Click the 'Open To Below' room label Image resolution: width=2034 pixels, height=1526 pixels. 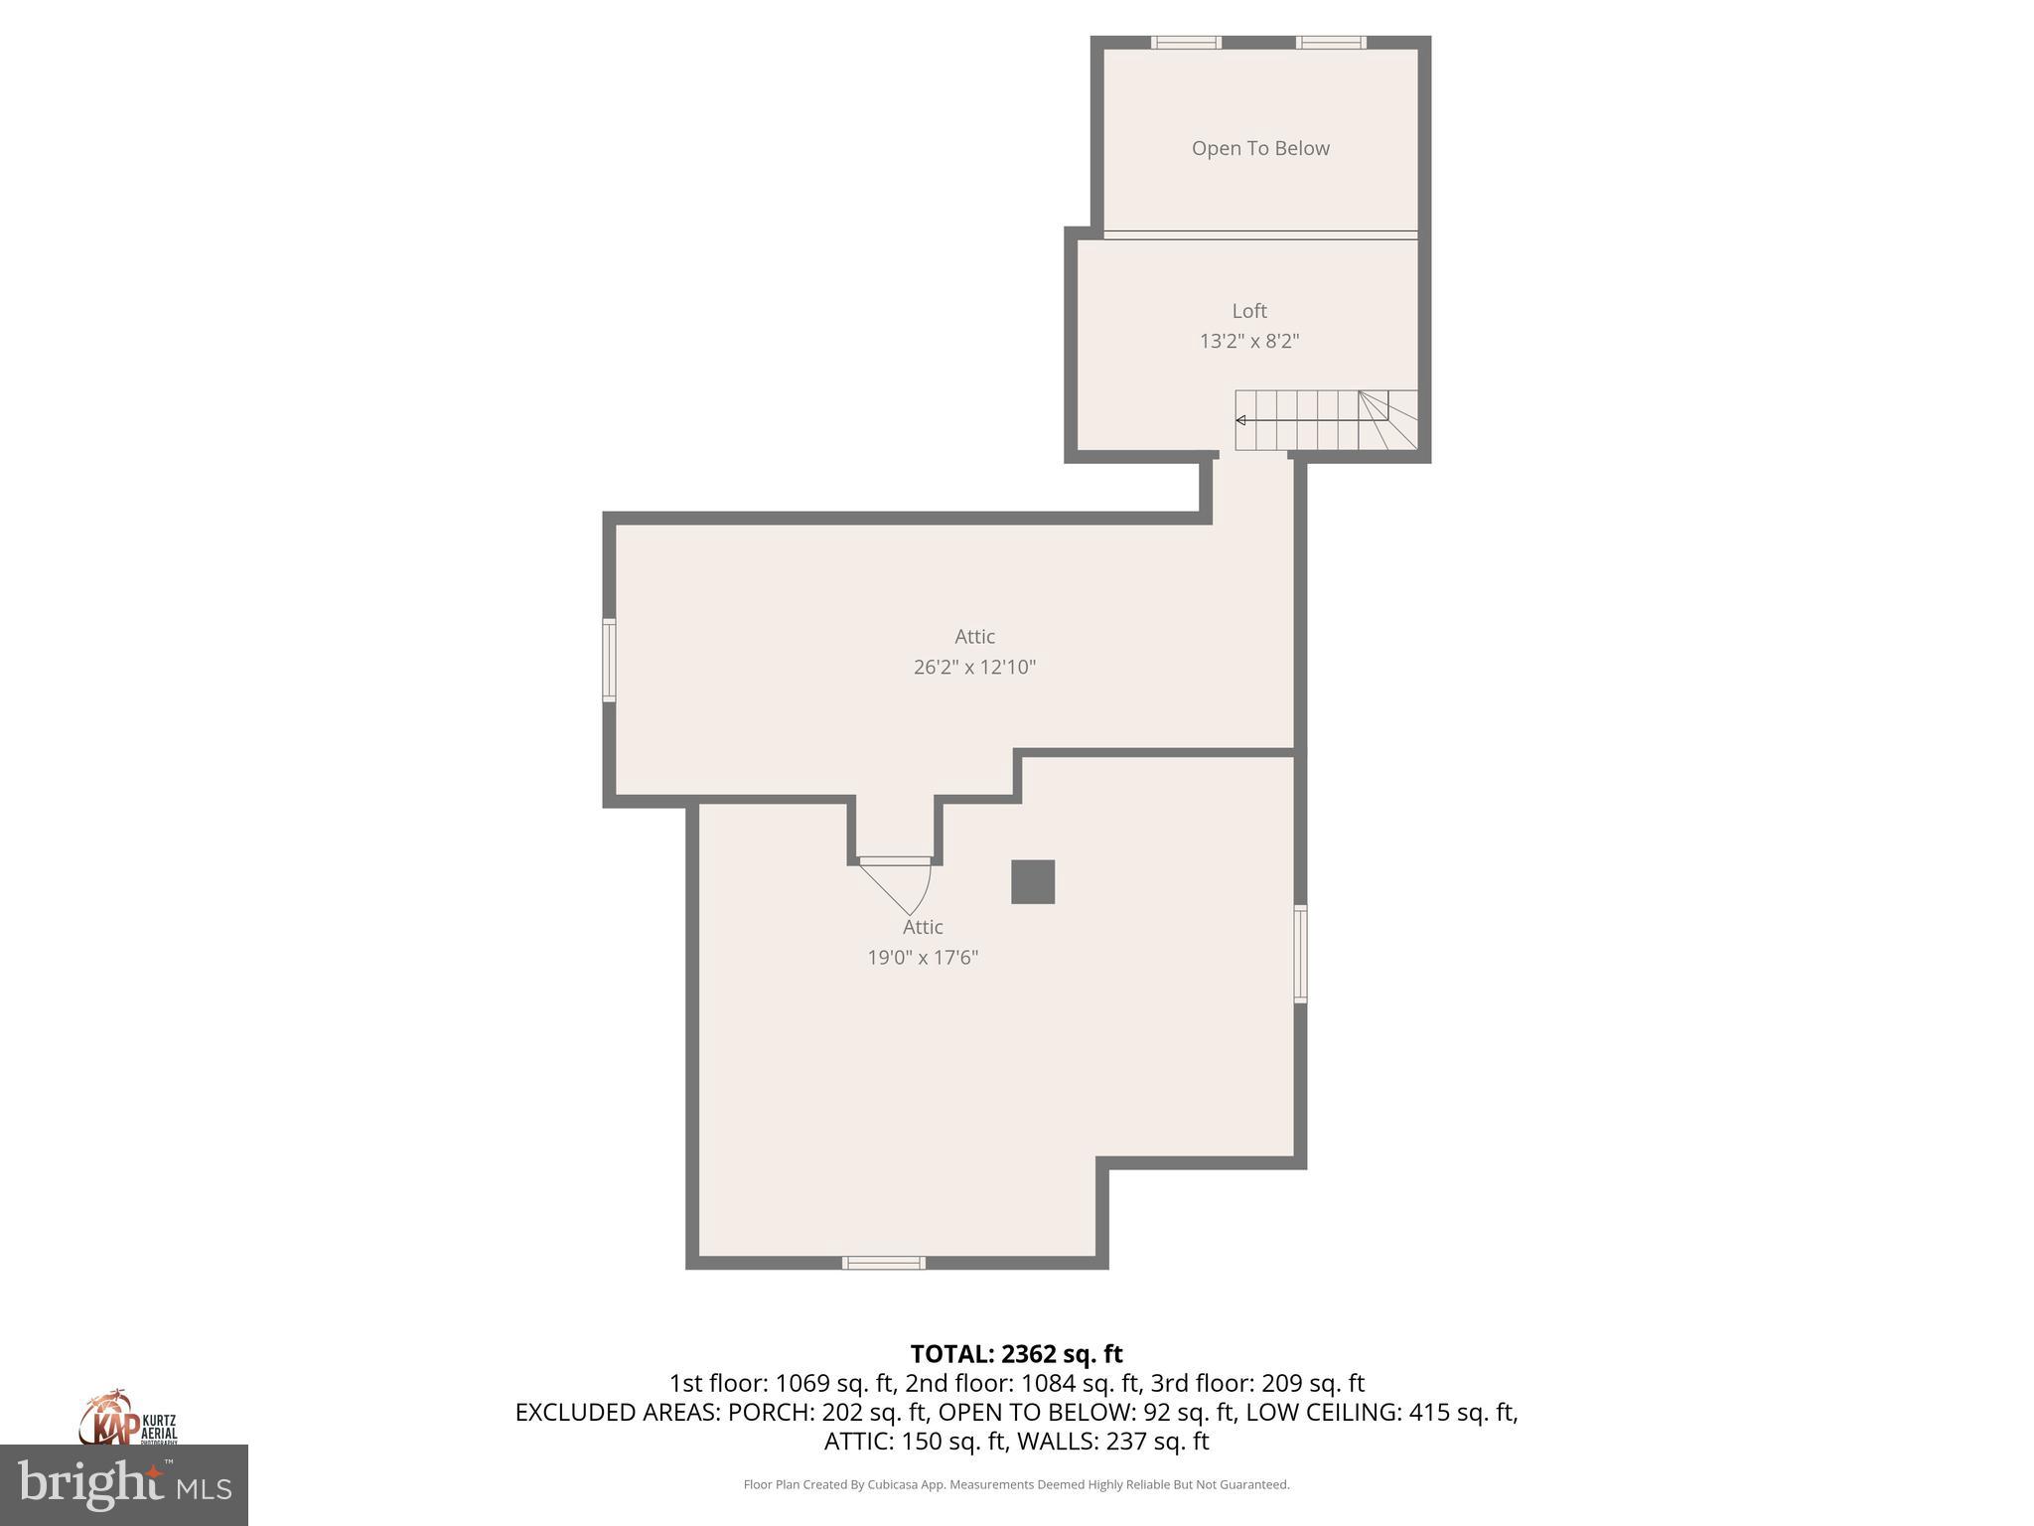(x=1260, y=148)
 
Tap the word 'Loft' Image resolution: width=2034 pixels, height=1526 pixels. (x=1249, y=311)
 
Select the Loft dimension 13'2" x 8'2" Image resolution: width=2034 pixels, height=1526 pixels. (x=1249, y=341)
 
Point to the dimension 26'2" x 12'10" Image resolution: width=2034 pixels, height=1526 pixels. (x=974, y=667)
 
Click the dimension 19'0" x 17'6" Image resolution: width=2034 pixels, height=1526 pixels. (x=923, y=957)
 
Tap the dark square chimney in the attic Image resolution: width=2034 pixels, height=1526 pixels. (x=1033, y=882)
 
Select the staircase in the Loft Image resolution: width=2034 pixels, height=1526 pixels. (x=1326, y=420)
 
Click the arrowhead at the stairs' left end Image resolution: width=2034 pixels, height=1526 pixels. (x=1241, y=420)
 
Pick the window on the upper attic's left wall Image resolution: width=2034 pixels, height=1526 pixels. (x=609, y=661)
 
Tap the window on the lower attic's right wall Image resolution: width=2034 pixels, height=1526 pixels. (x=1300, y=953)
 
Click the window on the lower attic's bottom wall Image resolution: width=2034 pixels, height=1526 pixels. (x=884, y=1263)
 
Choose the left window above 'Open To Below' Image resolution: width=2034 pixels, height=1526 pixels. (x=1186, y=42)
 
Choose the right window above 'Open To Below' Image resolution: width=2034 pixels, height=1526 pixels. (x=1331, y=42)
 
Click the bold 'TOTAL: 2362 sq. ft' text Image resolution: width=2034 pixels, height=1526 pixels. (x=1016, y=1354)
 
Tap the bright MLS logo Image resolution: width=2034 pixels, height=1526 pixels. (x=124, y=1484)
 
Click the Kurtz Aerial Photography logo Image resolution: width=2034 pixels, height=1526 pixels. (x=128, y=1422)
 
